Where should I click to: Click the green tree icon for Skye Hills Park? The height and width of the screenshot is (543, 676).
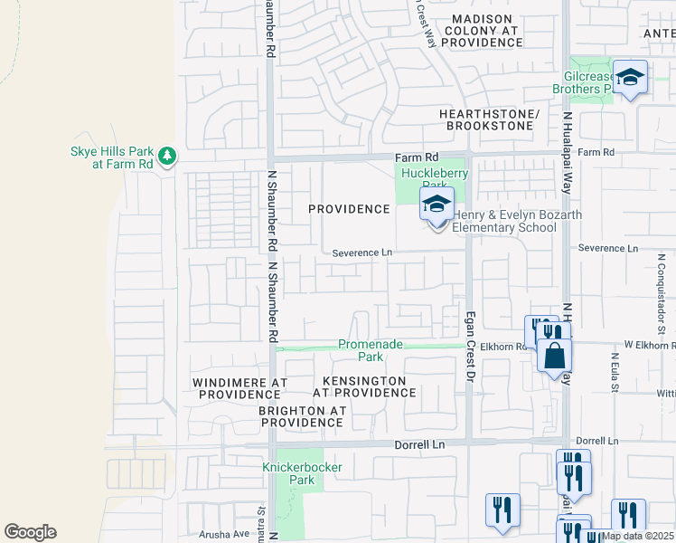coord(166,157)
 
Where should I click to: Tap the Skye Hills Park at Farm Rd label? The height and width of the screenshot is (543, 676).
coord(110,157)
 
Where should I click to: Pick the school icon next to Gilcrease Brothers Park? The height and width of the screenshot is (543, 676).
coord(631,77)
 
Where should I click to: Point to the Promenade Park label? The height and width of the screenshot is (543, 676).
coord(371,350)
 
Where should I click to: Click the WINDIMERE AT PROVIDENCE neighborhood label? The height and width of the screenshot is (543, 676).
coord(239,388)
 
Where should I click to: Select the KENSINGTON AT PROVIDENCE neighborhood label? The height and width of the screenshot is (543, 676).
coord(364,386)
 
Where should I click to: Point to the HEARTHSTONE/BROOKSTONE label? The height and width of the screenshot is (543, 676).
coord(488,119)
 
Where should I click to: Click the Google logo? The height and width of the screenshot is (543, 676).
coord(30,531)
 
